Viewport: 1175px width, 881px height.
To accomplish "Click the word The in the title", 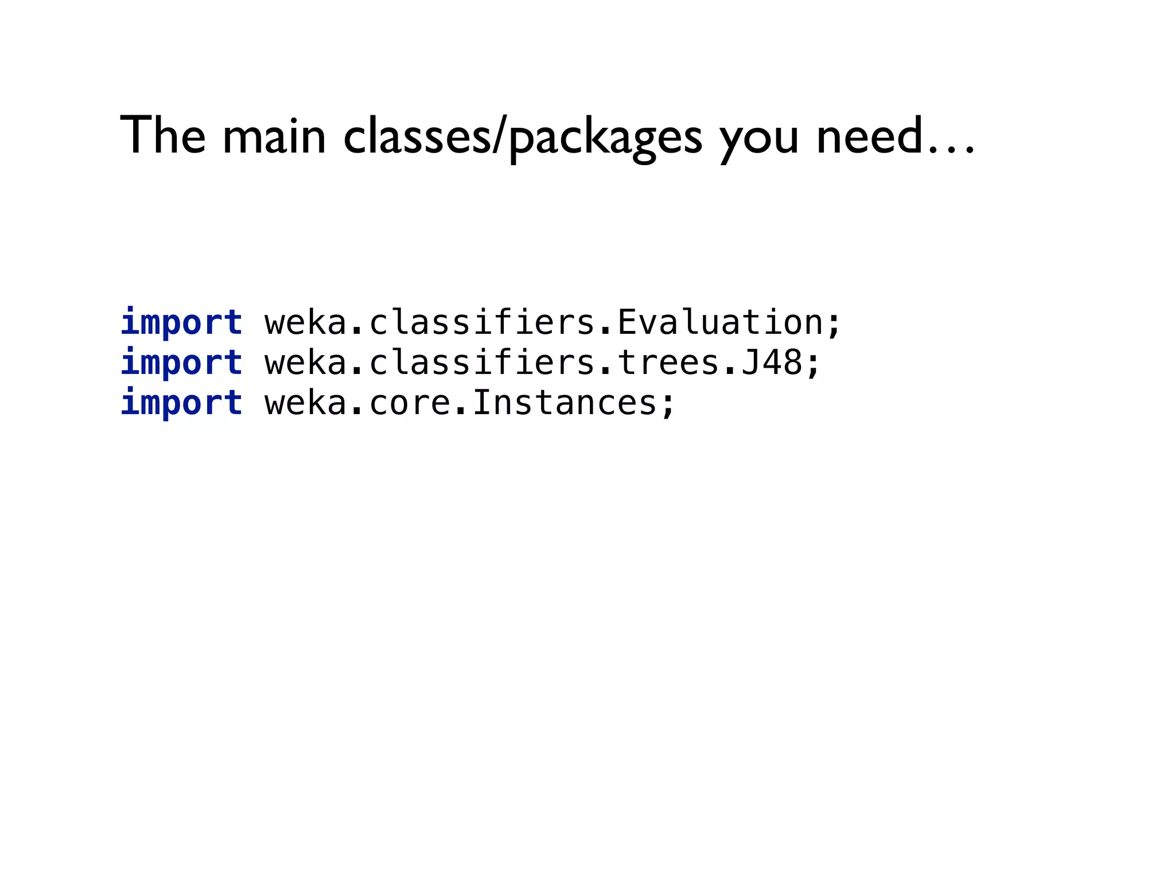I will [x=163, y=135].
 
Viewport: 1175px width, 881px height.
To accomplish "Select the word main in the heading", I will [x=274, y=137].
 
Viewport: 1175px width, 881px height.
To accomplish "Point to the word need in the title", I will [x=869, y=135].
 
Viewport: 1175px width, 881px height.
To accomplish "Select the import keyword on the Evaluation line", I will [x=181, y=322].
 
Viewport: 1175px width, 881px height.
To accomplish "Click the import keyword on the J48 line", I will [x=181, y=362].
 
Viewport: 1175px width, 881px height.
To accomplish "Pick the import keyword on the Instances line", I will [x=181, y=403].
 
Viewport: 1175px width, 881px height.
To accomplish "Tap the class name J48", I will [x=772, y=362].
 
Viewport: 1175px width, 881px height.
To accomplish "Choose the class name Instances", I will [x=565, y=403].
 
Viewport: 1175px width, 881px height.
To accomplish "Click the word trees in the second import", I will [x=668, y=362].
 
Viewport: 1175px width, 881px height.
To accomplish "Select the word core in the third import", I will [x=410, y=403].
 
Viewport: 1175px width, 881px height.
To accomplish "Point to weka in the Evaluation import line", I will [x=306, y=322].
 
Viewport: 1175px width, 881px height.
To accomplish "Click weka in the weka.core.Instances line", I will [x=306, y=403].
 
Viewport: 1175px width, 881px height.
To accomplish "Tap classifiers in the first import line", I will [x=482, y=322].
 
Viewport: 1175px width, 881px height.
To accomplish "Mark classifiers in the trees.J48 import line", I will [x=482, y=362].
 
